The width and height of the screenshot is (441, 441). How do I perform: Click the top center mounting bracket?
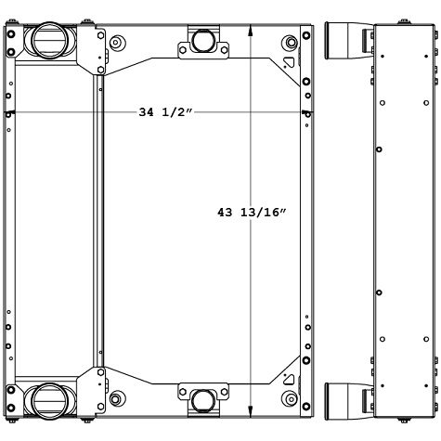pyautogui.click(x=199, y=43)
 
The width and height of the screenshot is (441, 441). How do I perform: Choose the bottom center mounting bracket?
pyautogui.click(x=199, y=398)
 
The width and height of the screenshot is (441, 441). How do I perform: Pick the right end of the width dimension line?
pyautogui.click(x=307, y=113)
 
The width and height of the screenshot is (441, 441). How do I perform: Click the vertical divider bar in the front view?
pyautogui.click(x=95, y=221)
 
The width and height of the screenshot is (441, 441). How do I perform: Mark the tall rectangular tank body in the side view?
pyautogui.click(x=403, y=221)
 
